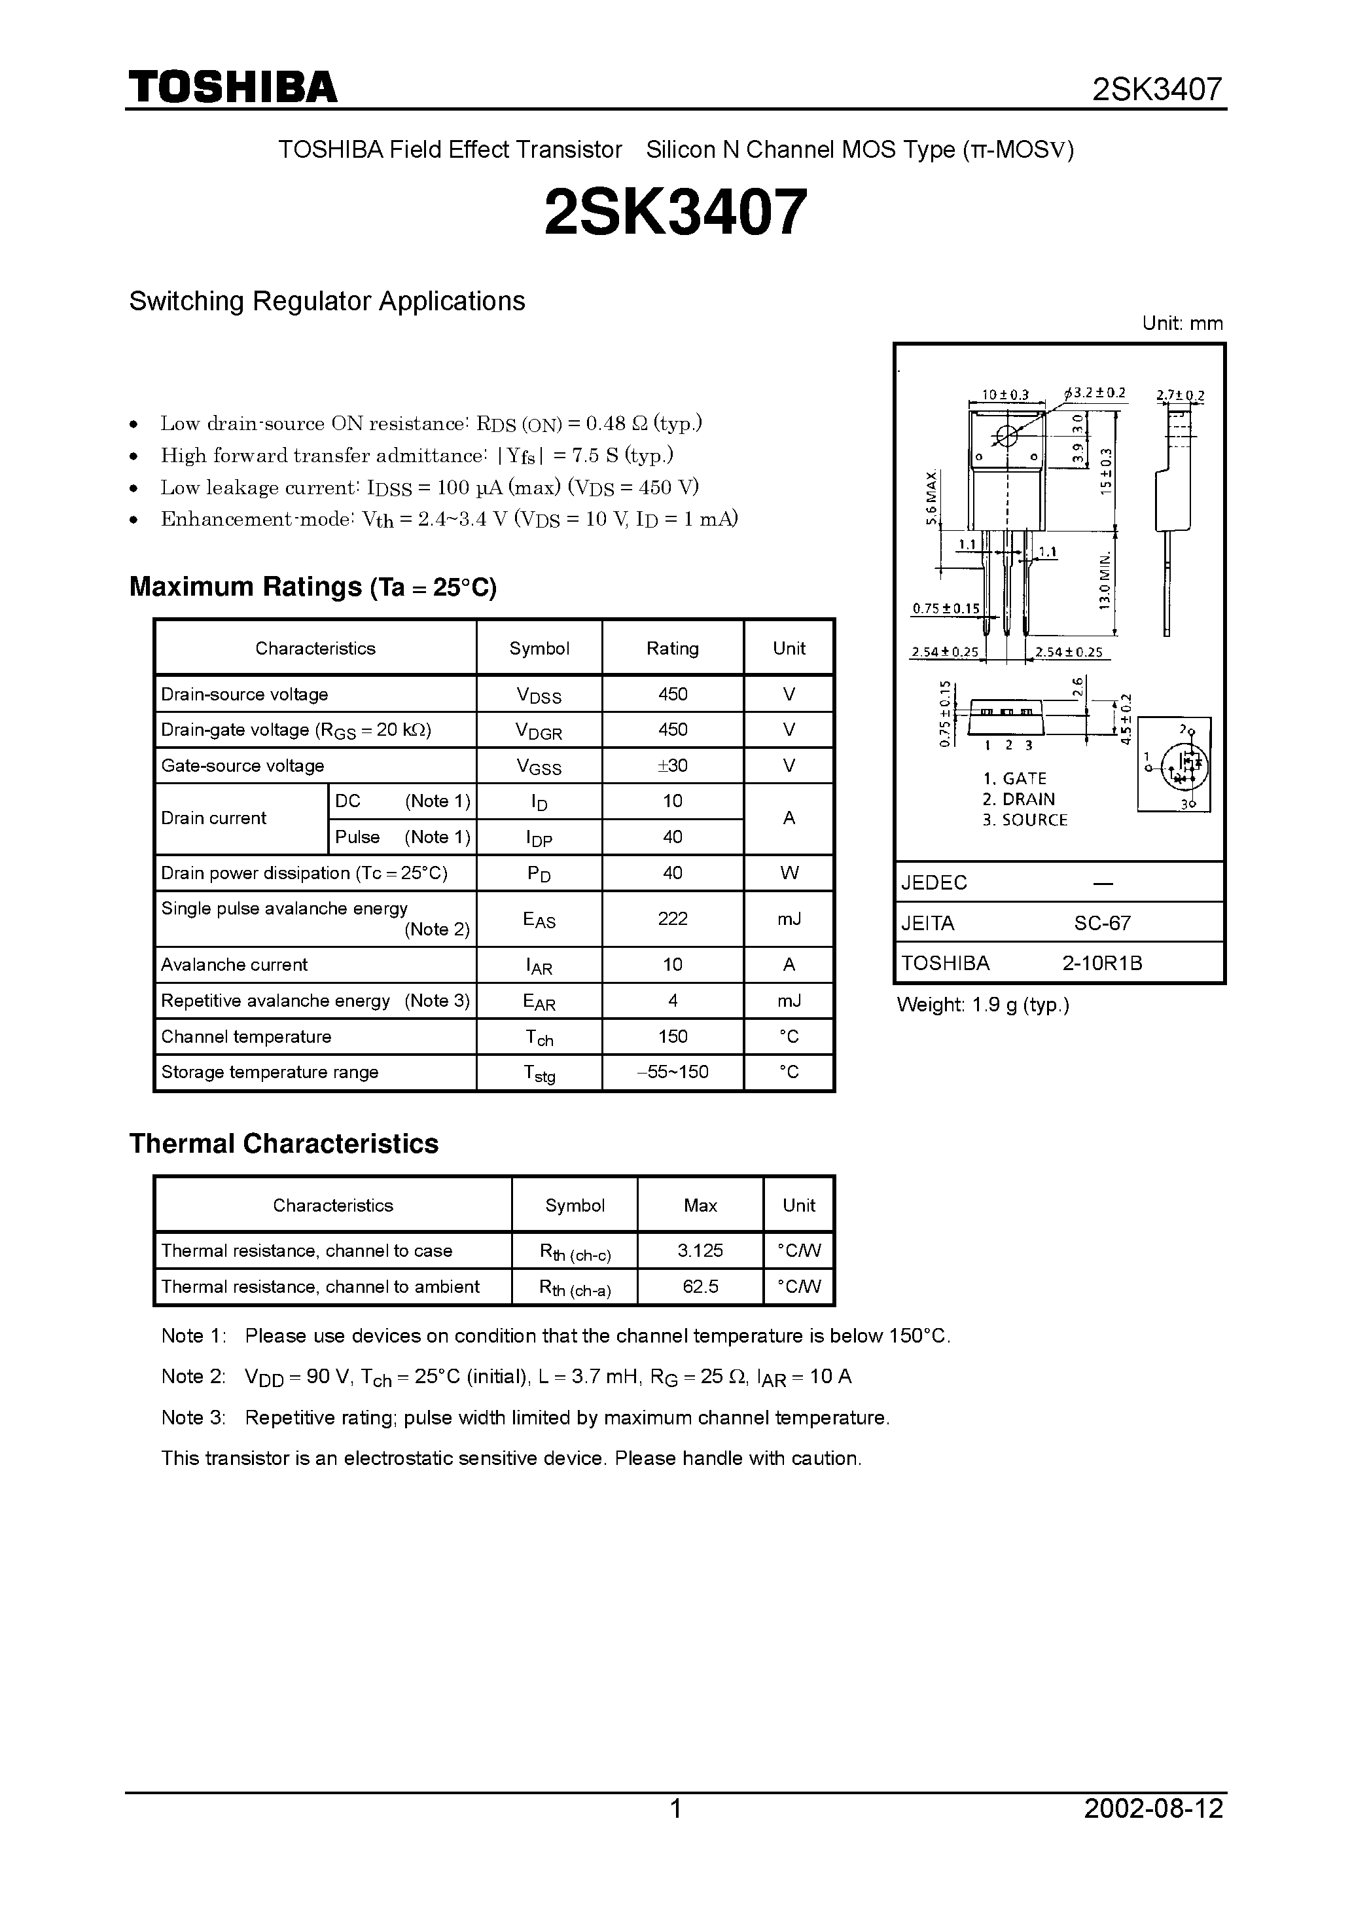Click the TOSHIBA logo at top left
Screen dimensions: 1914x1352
232,88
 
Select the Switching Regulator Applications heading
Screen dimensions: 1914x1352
327,301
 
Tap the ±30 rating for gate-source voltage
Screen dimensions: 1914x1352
672,765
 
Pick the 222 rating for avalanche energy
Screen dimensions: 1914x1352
672,918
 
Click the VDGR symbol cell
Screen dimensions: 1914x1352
539,731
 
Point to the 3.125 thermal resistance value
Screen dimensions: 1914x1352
700,1250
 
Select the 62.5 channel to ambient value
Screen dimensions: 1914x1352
700,1286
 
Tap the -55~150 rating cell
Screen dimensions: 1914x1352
672,1072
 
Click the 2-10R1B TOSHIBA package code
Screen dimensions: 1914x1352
1102,963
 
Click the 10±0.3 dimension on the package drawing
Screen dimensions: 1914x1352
1005,394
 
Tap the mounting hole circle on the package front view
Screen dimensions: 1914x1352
1007,435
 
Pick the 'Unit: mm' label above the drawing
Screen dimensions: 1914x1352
1182,323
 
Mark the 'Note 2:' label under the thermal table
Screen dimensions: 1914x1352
194,1377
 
